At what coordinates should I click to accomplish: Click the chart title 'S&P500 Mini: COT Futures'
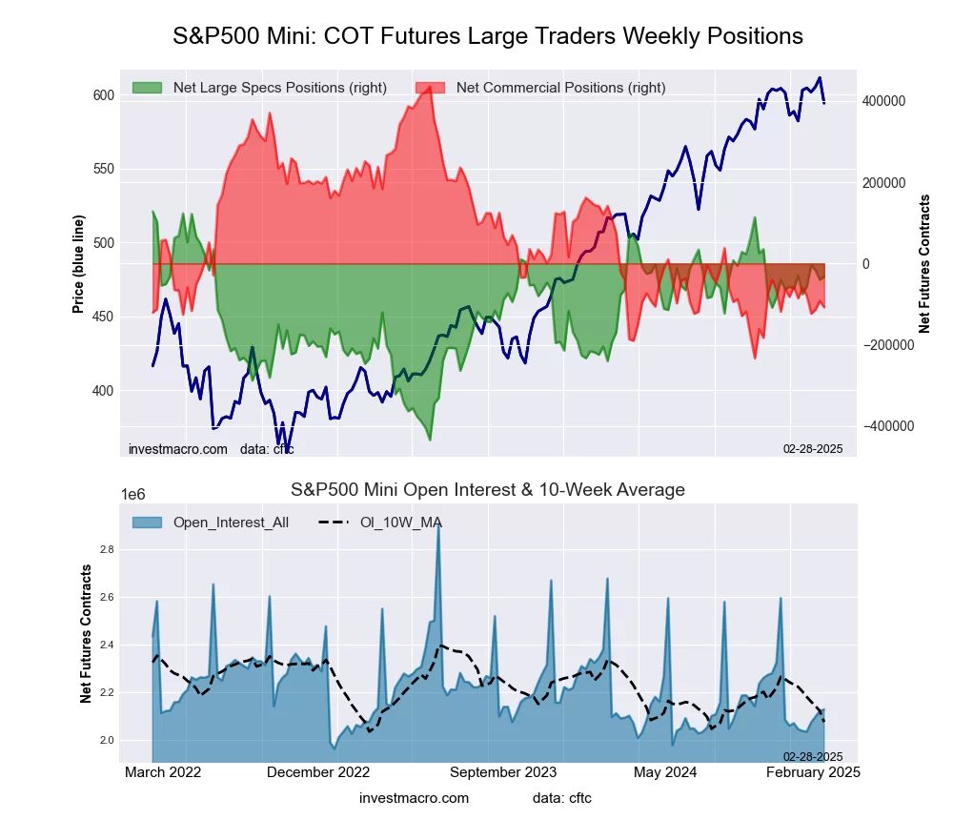(488, 36)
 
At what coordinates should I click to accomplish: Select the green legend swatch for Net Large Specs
(147, 88)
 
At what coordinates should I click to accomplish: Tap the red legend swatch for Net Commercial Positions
(430, 88)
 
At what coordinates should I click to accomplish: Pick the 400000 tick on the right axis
(883, 101)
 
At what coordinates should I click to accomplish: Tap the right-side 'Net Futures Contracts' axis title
(923, 264)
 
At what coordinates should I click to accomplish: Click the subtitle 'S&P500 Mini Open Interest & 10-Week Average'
(488, 490)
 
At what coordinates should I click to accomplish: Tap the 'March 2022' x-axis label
(164, 772)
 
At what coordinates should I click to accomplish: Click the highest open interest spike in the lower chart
(437, 523)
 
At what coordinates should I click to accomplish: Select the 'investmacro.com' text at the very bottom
(415, 797)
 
